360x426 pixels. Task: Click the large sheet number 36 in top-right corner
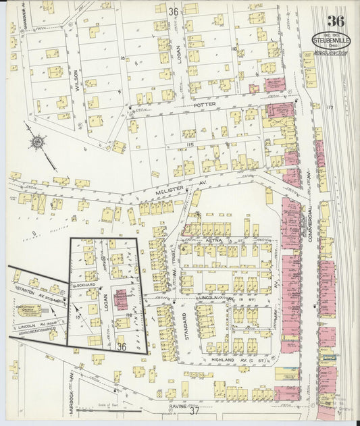point(336,21)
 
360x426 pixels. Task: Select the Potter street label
point(203,107)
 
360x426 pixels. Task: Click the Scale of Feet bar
point(108,408)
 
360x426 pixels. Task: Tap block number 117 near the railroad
point(330,108)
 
